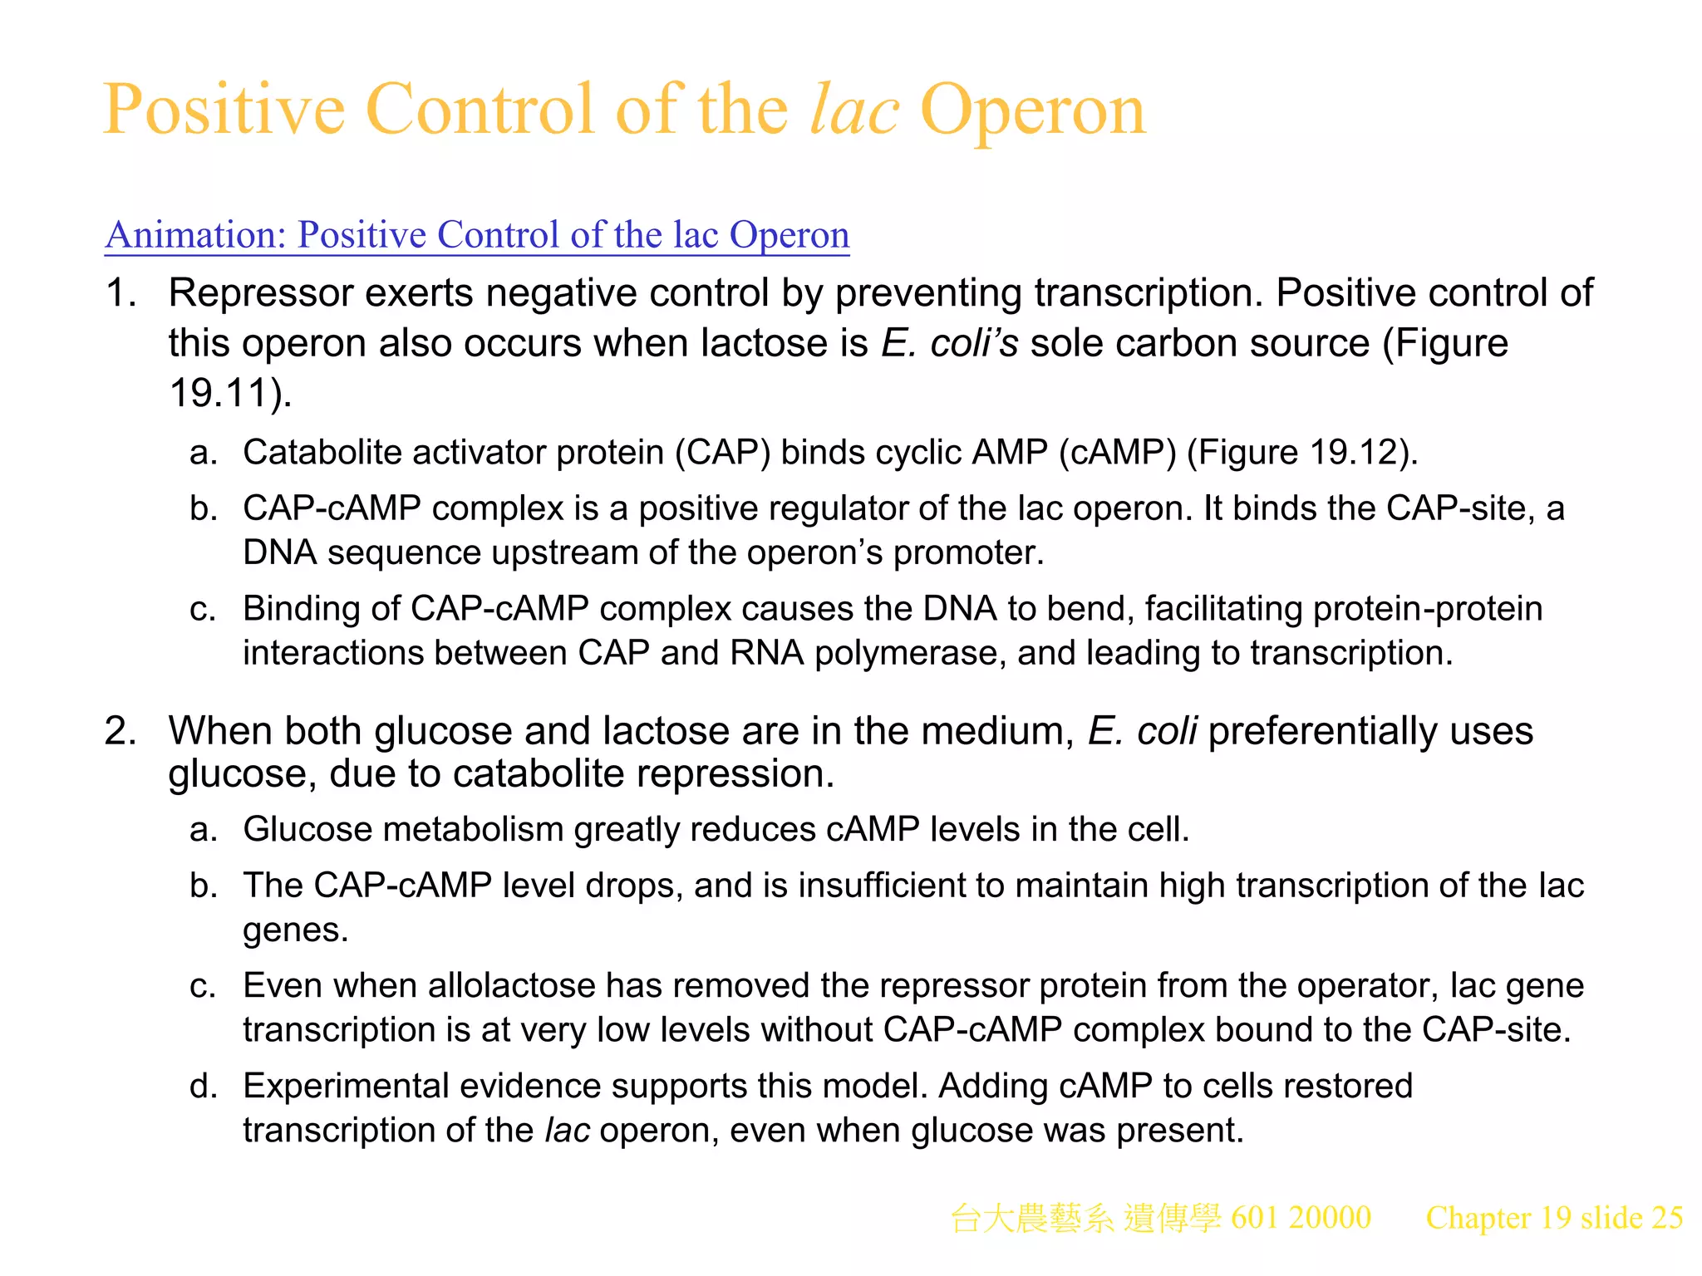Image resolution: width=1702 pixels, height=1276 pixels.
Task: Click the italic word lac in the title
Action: coord(853,110)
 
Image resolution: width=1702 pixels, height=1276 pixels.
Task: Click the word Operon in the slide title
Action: coord(1033,110)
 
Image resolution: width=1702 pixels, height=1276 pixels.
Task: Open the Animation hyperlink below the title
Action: coord(477,235)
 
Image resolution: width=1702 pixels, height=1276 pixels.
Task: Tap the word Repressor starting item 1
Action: coord(261,293)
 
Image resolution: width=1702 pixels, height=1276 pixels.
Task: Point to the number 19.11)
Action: coord(230,393)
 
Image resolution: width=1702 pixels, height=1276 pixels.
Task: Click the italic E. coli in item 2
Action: coord(1142,731)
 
